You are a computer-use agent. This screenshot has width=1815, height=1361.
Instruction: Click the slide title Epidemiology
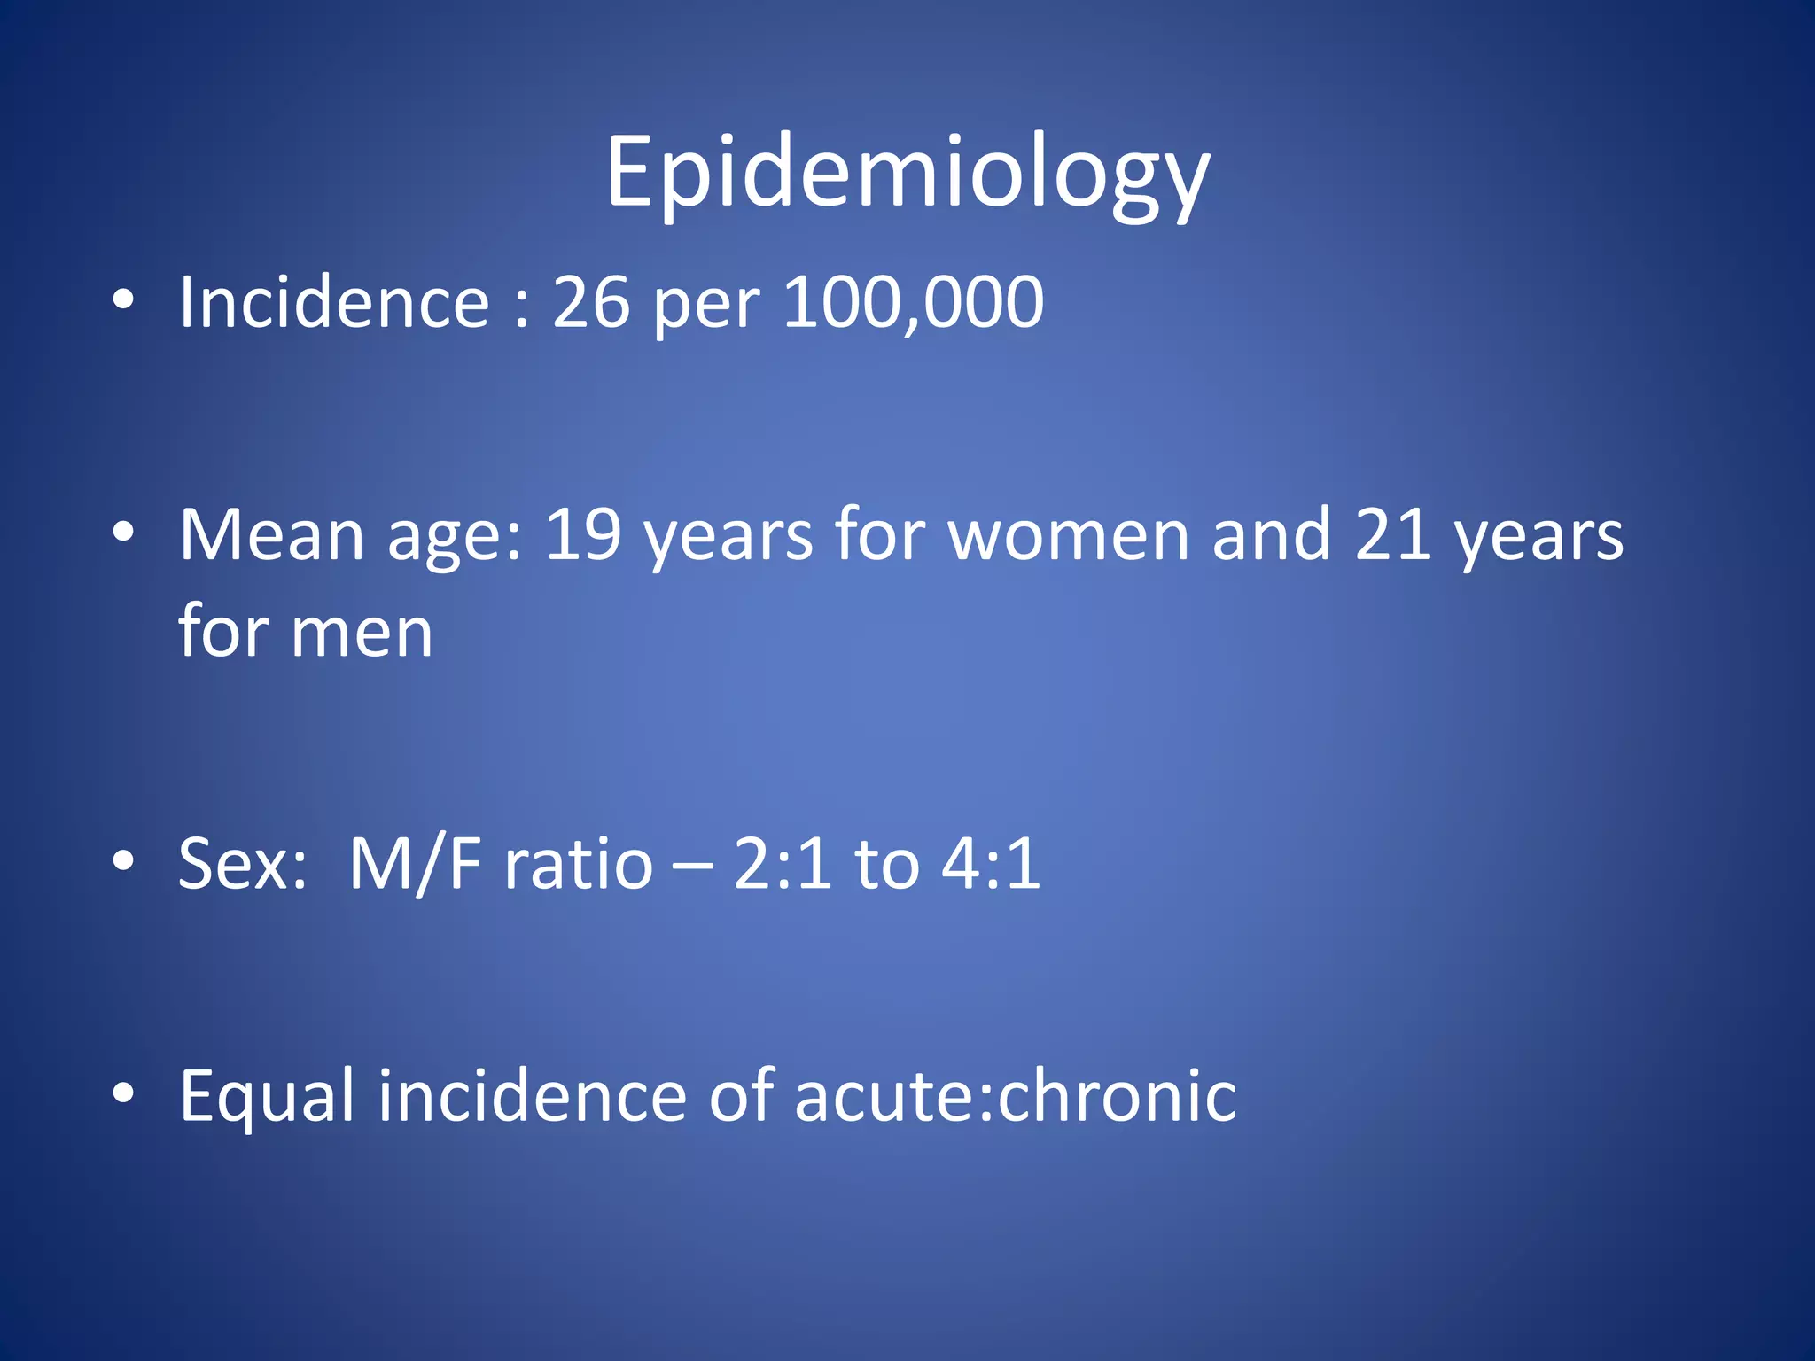907,173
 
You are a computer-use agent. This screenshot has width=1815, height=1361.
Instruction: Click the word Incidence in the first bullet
334,302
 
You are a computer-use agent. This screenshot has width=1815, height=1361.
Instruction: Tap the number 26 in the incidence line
591,302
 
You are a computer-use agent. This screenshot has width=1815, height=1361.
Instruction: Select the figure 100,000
913,302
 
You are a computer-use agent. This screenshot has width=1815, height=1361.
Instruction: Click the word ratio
579,864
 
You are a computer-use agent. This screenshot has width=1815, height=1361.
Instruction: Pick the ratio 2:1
783,864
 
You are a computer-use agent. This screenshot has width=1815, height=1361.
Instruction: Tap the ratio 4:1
991,864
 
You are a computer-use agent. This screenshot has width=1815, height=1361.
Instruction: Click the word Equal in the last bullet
268,1097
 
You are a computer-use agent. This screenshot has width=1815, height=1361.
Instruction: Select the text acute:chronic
1016,1097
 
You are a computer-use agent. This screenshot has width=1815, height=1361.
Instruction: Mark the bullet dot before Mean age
123,531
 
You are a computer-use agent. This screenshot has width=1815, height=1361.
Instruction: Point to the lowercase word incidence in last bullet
532,1097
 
